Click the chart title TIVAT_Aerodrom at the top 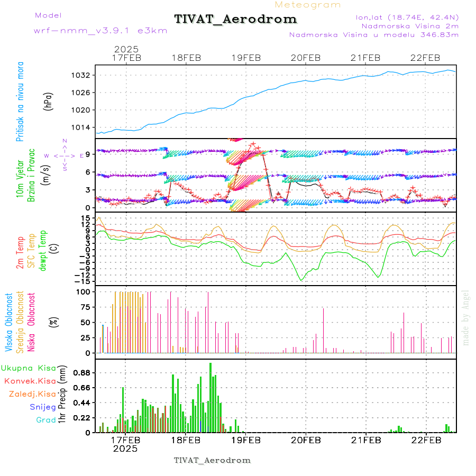(x=235, y=19)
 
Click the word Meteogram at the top (x=308, y=5)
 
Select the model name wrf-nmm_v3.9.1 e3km (x=100, y=30)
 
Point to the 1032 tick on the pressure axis (x=82, y=75)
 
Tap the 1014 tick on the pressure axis (x=82, y=127)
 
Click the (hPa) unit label (x=49, y=100)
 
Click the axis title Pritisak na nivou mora (x=21, y=100)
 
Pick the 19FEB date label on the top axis (x=246, y=58)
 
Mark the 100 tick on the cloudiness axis (x=84, y=291)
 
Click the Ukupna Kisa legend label (x=29, y=368)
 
